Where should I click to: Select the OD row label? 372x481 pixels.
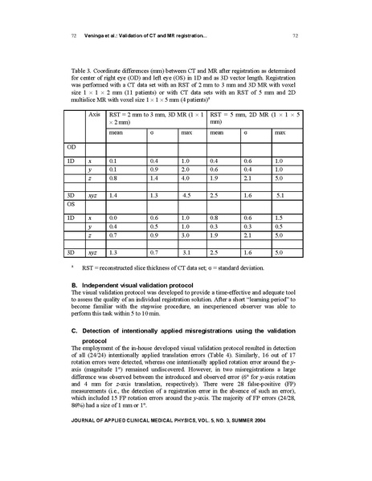[76, 147]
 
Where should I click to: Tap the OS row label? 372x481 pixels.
[76, 204]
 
